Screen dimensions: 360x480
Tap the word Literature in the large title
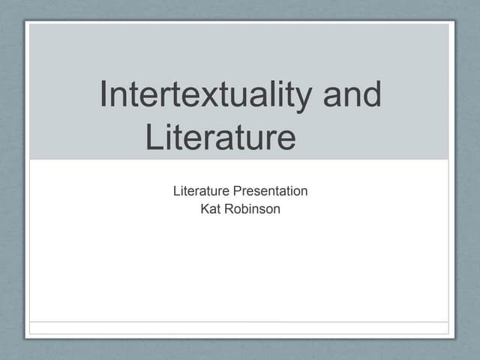[x=218, y=139]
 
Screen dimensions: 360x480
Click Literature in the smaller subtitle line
[x=201, y=191]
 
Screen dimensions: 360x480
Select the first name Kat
[x=210, y=209]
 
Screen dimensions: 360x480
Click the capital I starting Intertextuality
[x=105, y=96]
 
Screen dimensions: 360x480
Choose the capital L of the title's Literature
[x=154, y=138]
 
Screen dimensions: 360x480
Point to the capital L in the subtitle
[x=177, y=191]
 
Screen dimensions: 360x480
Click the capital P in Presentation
[x=236, y=191]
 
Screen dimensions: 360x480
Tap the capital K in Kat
[x=205, y=209]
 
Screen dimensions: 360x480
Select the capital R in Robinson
[x=228, y=209]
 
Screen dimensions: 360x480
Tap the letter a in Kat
[x=212, y=210]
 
